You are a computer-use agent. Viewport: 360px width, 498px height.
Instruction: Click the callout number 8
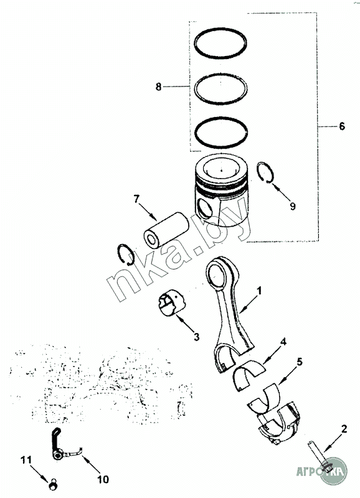(159, 87)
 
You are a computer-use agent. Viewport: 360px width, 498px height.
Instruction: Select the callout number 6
(341, 126)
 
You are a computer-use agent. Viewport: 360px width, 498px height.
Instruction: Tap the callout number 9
(293, 206)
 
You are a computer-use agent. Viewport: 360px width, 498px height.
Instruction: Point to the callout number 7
(136, 199)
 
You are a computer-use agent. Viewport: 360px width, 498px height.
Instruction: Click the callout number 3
(196, 337)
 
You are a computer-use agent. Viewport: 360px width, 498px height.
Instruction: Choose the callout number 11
(26, 459)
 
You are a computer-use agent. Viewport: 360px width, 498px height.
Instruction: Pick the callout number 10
(103, 479)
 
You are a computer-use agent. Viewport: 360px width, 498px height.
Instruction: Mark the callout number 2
(344, 429)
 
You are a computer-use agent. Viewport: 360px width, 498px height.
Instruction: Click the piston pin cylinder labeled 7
(166, 230)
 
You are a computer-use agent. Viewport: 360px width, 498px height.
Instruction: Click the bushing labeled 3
(172, 303)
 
